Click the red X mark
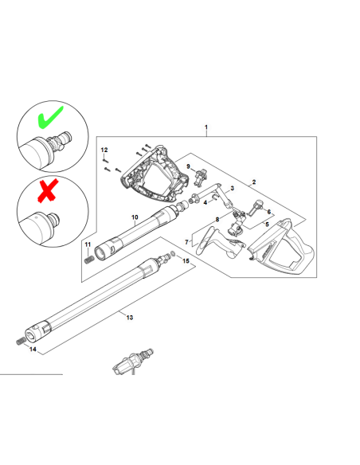pyautogui.click(x=48, y=191)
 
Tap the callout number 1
pyautogui.click(x=206, y=127)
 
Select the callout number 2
pyautogui.click(x=254, y=182)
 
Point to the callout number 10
pyautogui.click(x=135, y=217)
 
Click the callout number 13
pyautogui.click(x=130, y=318)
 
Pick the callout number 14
pyautogui.click(x=33, y=349)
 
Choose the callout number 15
pyautogui.click(x=186, y=261)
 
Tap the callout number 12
pyautogui.click(x=104, y=150)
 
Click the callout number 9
pyautogui.click(x=188, y=166)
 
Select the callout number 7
pyautogui.click(x=186, y=242)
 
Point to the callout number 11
pyautogui.click(x=88, y=244)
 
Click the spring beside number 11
pyautogui.click(x=88, y=260)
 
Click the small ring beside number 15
pyautogui.click(x=174, y=254)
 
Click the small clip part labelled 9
pyautogui.click(x=200, y=176)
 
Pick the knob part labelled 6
pyautogui.click(x=255, y=207)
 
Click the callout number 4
pyautogui.click(x=205, y=203)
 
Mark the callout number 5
pyautogui.click(x=267, y=225)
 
